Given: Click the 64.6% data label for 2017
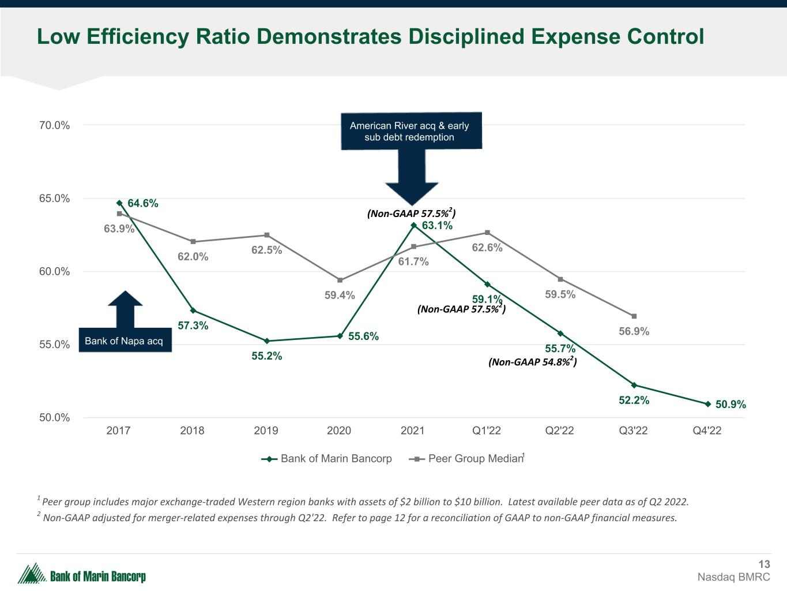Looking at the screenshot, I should pyautogui.click(x=142, y=203).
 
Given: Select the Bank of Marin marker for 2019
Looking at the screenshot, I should pyautogui.click(x=266, y=341).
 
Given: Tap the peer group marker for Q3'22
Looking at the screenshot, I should pyautogui.click(x=634, y=316).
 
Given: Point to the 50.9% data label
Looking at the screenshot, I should pyautogui.click(x=730, y=405).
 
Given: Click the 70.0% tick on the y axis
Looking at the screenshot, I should pyautogui.click(x=55, y=125).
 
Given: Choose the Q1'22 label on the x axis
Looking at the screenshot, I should pyautogui.click(x=486, y=431).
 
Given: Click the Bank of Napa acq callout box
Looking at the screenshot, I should pyautogui.click(x=124, y=341).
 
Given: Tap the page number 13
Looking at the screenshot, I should pyautogui.click(x=764, y=564).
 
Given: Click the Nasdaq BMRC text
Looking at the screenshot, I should pyautogui.click(x=733, y=577).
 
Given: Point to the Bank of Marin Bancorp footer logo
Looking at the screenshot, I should pyautogui.click(x=82, y=574).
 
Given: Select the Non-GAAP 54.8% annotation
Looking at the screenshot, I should pyautogui.click(x=532, y=362).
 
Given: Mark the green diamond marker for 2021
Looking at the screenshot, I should pyautogui.click(x=413, y=225).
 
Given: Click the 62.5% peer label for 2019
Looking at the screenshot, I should pyautogui.click(x=266, y=250).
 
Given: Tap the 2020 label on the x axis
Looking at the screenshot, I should pyautogui.click(x=339, y=431).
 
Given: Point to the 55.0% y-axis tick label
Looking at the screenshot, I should pyautogui.click(x=55, y=345).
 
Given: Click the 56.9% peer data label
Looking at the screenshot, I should pyautogui.click(x=634, y=331).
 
